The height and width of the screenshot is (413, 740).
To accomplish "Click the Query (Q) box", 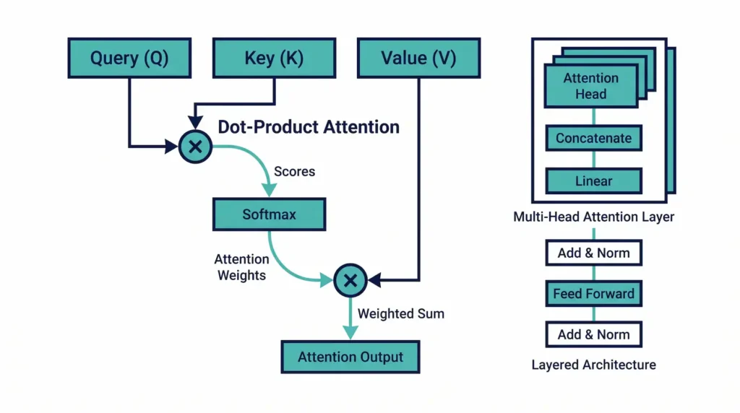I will (x=129, y=58).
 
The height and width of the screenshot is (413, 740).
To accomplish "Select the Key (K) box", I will (x=274, y=58).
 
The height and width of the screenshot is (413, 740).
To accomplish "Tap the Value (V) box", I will (x=418, y=58).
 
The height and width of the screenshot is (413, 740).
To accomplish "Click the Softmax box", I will (x=269, y=214).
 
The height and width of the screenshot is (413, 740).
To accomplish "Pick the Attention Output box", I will (x=350, y=357).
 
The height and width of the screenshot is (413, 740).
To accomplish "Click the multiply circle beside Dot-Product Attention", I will (x=194, y=147).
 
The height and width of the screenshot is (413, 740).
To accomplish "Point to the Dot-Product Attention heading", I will (x=309, y=127).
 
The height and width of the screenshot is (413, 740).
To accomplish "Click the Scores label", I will (x=294, y=173).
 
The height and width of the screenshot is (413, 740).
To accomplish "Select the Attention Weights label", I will (x=241, y=267).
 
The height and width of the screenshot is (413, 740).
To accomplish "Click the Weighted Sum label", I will (x=401, y=313).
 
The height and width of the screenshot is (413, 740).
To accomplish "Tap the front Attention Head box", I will (x=590, y=86).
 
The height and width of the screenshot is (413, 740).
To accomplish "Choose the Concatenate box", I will (x=593, y=138).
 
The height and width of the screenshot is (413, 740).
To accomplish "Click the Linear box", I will (x=593, y=181).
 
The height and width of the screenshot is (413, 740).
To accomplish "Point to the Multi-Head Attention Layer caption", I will (x=593, y=217).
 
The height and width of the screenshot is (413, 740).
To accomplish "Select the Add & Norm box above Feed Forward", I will (x=593, y=253).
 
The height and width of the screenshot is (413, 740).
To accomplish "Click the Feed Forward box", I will (x=593, y=294).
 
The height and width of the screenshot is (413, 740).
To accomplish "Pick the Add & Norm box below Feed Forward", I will (x=593, y=334).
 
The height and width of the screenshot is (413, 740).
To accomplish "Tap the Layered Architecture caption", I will (x=593, y=365).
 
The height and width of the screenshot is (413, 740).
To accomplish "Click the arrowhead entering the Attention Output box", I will (x=350, y=333).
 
